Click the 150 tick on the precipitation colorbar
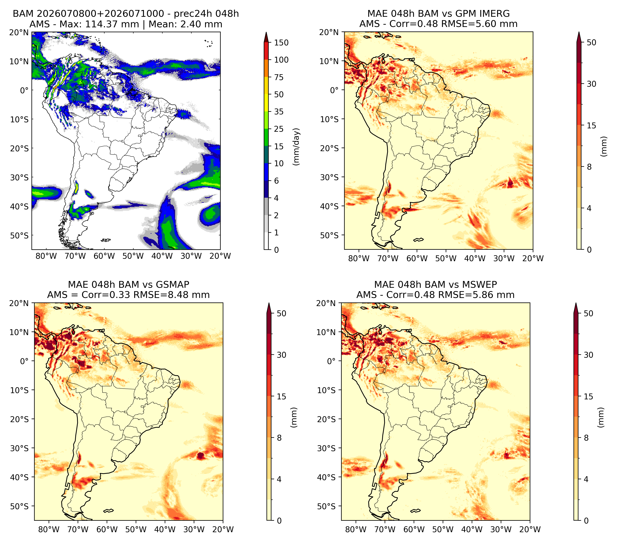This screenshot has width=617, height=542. coord(281,43)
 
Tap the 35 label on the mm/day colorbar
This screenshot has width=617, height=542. coord(279,112)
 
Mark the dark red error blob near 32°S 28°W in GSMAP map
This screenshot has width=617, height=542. coord(201,455)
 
